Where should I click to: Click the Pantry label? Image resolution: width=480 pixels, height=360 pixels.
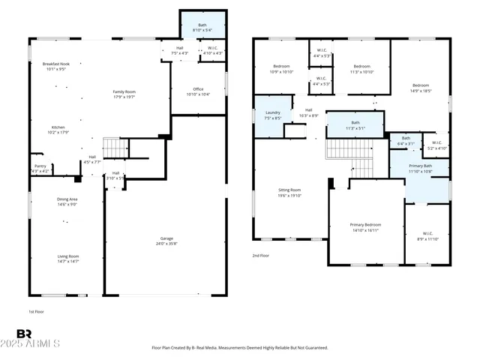click(x=40, y=166)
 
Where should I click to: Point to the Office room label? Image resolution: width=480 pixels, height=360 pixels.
click(x=198, y=89)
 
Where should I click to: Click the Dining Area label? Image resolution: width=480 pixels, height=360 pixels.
click(x=67, y=199)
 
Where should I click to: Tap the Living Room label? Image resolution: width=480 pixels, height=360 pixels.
click(x=68, y=256)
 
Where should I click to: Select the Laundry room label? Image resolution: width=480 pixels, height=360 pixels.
click(x=272, y=112)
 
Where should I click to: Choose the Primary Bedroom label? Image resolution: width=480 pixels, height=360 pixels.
click(x=365, y=225)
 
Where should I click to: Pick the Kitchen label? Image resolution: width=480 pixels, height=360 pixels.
click(x=58, y=127)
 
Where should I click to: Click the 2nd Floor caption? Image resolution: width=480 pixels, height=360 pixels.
click(x=261, y=256)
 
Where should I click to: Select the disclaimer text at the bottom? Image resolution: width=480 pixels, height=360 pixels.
click(x=239, y=347)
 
